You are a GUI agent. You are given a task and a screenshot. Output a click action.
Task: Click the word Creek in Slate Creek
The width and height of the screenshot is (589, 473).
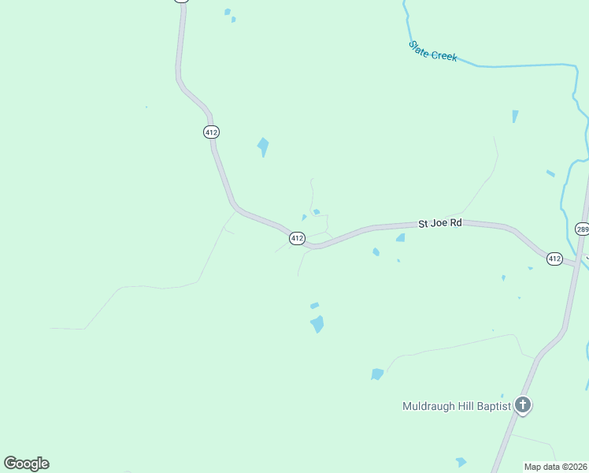tap(443, 55)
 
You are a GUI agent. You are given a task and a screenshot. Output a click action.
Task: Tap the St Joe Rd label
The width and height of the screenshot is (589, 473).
tap(440, 224)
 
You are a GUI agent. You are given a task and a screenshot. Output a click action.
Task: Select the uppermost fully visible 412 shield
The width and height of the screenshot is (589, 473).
tap(211, 132)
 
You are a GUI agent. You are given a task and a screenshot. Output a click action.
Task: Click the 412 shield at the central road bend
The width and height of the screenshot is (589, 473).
tap(296, 238)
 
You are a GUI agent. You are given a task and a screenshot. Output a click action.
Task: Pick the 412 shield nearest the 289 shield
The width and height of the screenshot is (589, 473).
tap(554, 259)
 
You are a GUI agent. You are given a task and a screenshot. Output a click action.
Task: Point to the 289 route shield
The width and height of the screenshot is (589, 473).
tap(583, 229)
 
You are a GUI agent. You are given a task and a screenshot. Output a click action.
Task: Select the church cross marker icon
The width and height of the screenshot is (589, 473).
tap(523, 406)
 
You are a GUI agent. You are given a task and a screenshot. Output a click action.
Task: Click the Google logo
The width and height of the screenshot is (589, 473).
tap(27, 464)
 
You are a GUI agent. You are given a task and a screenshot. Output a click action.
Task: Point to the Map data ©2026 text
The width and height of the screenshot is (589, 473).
tap(555, 467)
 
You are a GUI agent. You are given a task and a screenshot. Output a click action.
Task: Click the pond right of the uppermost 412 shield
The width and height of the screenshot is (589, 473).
tap(263, 146)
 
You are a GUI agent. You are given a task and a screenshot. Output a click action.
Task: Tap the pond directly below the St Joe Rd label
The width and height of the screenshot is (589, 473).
tap(401, 237)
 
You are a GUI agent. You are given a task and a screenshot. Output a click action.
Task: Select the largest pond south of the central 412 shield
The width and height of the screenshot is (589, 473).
tap(317, 323)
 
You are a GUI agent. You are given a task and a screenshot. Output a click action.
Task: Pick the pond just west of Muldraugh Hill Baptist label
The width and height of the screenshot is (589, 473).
tap(377, 374)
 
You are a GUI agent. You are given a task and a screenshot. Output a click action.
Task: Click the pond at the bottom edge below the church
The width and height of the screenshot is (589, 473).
tap(461, 462)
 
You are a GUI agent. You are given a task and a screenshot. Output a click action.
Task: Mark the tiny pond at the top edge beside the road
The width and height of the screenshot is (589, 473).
tap(228, 12)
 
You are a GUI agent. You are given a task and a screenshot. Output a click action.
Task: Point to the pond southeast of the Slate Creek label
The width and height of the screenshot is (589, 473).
tap(515, 116)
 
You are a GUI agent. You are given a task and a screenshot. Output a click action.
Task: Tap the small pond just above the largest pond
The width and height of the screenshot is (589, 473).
tap(314, 305)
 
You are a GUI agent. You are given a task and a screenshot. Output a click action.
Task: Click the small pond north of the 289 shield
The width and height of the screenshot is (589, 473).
tap(550, 173)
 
